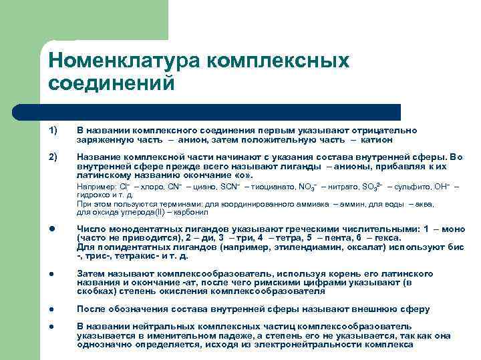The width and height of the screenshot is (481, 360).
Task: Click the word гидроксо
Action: pyautogui.click(x=92, y=195)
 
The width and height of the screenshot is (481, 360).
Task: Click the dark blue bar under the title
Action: pyautogui.click(x=220, y=111)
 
